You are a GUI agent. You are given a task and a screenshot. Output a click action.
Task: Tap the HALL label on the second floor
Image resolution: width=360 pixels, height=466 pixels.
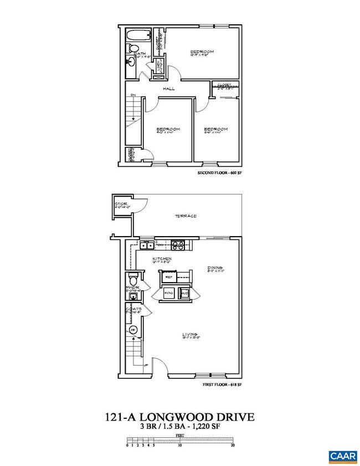click(x=169, y=89)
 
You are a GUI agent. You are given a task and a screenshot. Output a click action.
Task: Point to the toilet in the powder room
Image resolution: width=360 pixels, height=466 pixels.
click(x=132, y=279)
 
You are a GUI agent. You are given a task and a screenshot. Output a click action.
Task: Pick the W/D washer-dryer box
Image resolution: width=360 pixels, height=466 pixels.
click(x=186, y=293)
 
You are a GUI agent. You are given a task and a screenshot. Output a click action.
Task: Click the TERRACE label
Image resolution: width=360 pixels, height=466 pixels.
click(x=187, y=216)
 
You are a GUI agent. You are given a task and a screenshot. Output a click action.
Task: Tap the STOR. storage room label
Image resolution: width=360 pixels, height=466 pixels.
click(x=121, y=204)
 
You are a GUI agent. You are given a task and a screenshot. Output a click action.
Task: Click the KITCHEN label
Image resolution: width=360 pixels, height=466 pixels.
click(x=162, y=259)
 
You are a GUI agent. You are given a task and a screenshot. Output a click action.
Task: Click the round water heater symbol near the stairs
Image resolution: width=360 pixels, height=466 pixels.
click(x=133, y=331)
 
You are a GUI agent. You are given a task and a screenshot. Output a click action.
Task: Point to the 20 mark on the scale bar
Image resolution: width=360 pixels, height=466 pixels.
click(x=233, y=445)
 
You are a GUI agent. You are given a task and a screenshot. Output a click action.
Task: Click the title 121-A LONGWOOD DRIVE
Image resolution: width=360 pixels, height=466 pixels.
click(x=180, y=416)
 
